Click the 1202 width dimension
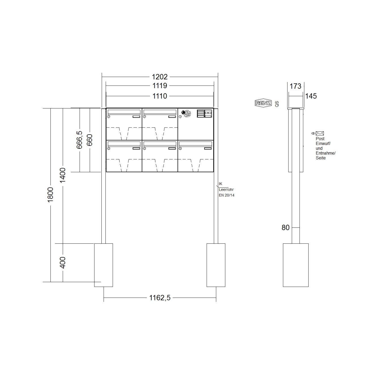(x=160, y=77)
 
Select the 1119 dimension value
(x=160, y=86)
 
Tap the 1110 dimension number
(x=160, y=96)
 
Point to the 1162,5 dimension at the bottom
(x=160, y=297)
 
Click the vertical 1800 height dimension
(x=50, y=194)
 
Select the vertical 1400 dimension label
(x=63, y=175)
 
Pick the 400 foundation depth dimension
(x=63, y=263)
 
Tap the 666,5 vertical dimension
(x=79, y=139)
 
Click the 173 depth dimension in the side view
(x=296, y=86)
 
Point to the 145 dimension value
(x=311, y=96)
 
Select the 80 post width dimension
(x=286, y=227)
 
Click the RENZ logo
(x=263, y=103)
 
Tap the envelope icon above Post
(x=320, y=133)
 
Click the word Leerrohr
(x=226, y=190)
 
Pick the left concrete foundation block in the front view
(x=103, y=265)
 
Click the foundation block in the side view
(x=296, y=265)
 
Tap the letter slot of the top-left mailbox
(x=124, y=112)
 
